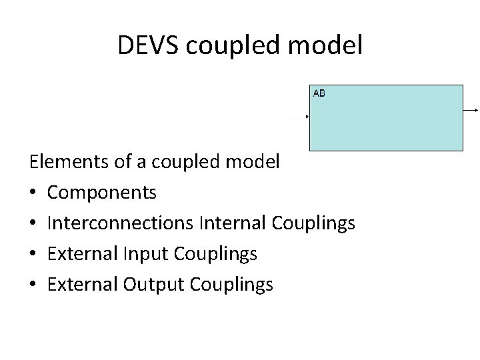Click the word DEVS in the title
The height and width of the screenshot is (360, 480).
(x=150, y=45)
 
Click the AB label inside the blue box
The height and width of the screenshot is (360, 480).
(x=319, y=93)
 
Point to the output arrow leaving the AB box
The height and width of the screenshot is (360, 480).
(x=471, y=109)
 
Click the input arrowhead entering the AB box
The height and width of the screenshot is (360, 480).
(x=307, y=117)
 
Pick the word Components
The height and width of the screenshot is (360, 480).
(x=103, y=193)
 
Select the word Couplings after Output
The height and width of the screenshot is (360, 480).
(x=231, y=285)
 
